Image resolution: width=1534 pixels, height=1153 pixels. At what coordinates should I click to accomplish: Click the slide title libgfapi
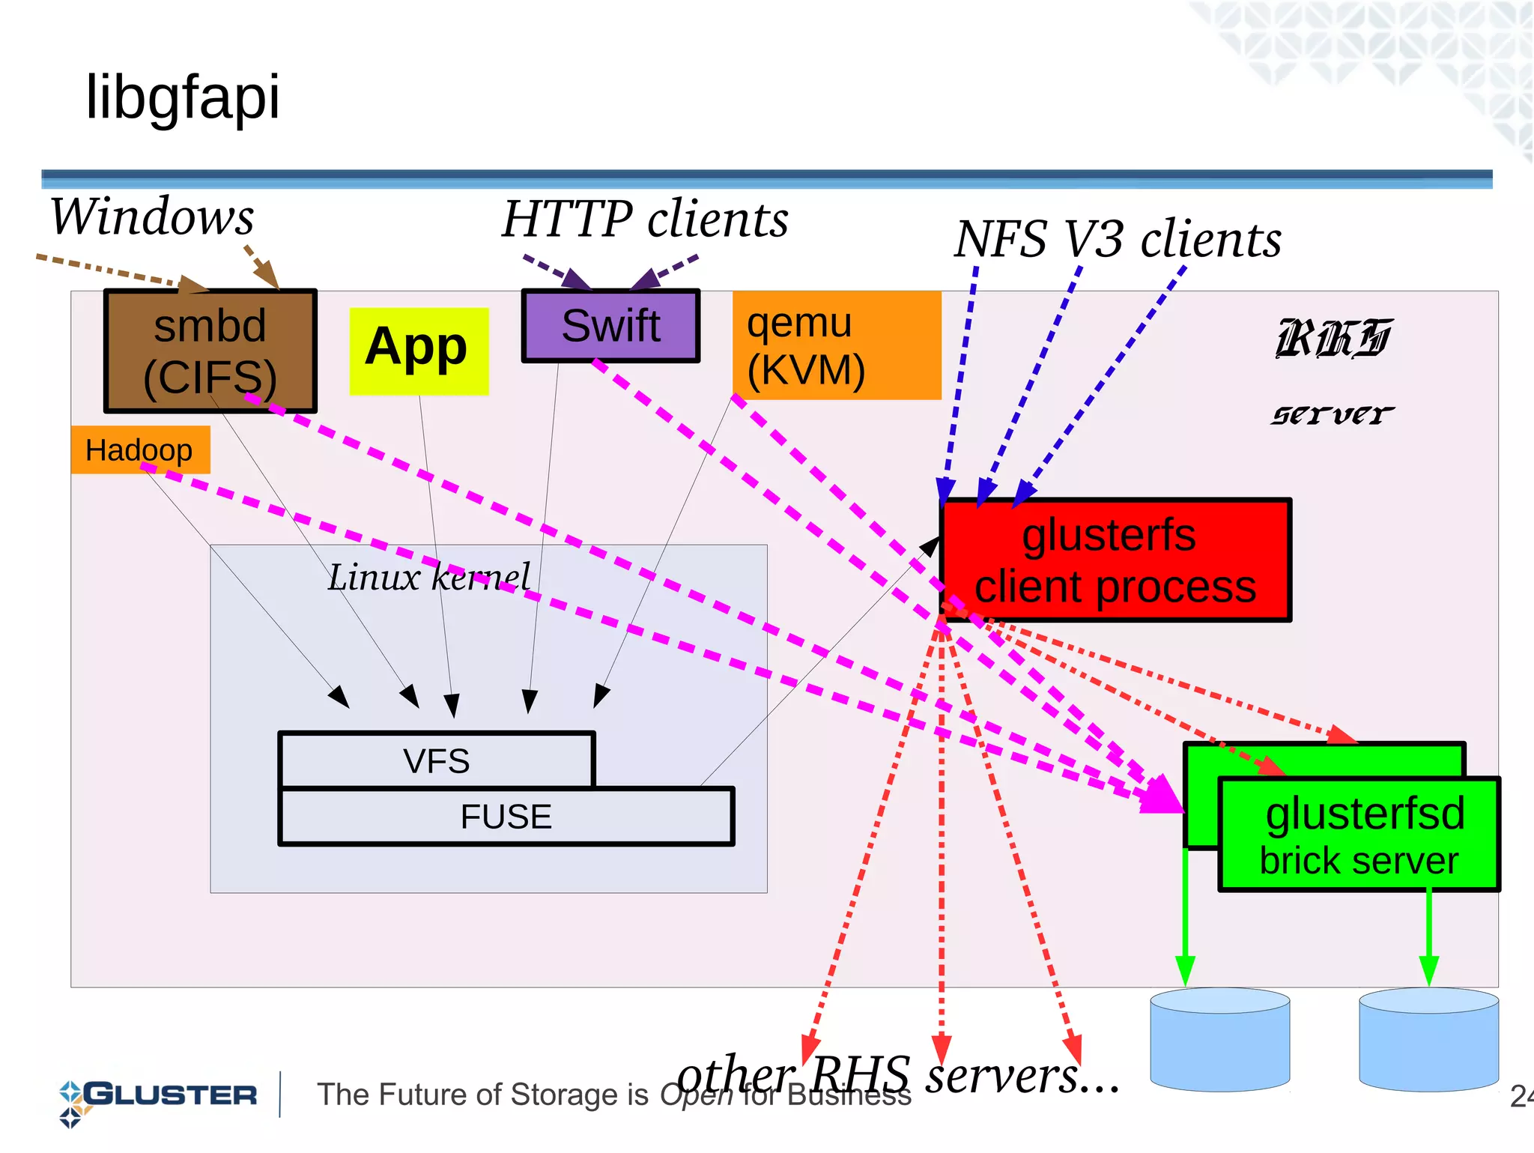tap(183, 97)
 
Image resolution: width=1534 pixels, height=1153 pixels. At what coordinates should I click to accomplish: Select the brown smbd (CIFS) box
tap(210, 350)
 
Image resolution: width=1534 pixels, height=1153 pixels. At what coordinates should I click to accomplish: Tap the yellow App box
tap(418, 350)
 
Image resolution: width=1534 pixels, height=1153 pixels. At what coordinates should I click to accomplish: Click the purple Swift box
tap(610, 326)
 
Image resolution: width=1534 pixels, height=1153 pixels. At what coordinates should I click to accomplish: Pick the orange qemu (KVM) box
tap(835, 345)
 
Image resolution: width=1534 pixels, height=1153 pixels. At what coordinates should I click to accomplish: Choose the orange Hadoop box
tap(139, 450)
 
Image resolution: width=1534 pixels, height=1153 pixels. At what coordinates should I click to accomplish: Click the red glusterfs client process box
tap(1115, 560)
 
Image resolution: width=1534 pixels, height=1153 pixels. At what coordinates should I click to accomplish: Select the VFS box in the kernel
tap(436, 760)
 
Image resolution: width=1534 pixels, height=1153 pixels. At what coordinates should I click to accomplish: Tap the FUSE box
tap(506, 817)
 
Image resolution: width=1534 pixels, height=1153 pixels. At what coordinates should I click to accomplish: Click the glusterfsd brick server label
tap(1359, 835)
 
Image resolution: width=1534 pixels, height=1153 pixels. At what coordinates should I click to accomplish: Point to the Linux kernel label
tap(428, 577)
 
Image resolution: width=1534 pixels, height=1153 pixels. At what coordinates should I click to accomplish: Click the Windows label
tap(152, 217)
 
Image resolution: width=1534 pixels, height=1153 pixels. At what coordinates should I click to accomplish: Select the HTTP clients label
tap(645, 220)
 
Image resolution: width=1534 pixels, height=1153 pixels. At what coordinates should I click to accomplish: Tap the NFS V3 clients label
tap(1118, 240)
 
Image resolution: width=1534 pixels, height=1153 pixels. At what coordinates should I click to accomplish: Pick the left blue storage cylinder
tap(1219, 1041)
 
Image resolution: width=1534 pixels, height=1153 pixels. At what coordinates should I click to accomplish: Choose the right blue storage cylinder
tap(1428, 1041)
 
